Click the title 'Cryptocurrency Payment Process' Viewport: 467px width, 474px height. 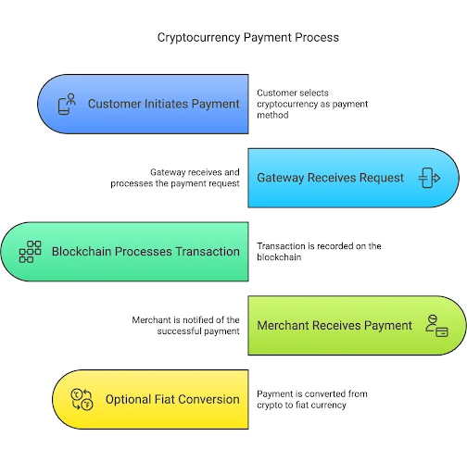click(248, 38)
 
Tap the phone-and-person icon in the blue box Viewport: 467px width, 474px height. click(67, 104)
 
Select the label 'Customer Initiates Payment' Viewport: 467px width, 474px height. click(164, 104)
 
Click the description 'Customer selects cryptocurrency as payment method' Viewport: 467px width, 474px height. click(312, 104)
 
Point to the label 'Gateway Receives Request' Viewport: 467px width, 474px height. click(330, 178)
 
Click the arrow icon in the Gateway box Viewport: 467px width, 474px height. click(429, 178)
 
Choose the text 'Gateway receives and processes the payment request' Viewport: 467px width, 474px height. click(175, 178)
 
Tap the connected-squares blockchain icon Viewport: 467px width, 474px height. click(30, 252)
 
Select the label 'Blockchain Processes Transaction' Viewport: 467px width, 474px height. click(145, 252)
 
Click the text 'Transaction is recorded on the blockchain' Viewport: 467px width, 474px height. click(319, 252)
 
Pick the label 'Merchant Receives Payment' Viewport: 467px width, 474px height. click(334, 326)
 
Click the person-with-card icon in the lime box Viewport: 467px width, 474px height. click(436, 326)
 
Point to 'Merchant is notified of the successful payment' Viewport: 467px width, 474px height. click(185, 326)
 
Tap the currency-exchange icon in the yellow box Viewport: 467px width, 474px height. click(82, 399)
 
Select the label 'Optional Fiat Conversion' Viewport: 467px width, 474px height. click(172, 399)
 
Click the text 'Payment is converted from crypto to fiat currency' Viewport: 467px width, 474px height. click(312, 399)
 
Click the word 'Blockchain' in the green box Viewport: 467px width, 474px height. click(82, 252)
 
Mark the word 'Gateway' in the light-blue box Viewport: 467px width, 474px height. click(281, 178)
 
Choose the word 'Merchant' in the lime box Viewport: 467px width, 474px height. click(284, 326)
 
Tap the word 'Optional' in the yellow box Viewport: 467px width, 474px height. click(128, 400)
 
